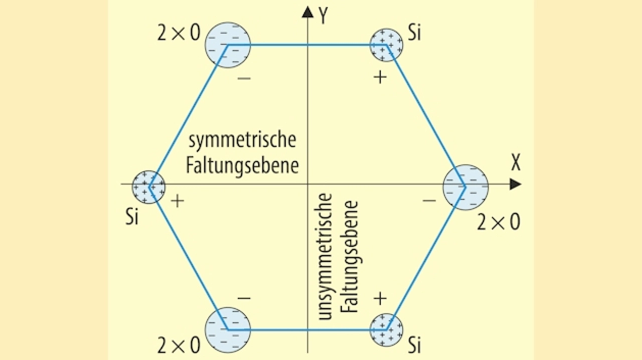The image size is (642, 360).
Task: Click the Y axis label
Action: point(324,16)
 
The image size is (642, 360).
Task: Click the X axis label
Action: point(516,162)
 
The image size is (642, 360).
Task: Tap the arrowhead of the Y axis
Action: point(307,12)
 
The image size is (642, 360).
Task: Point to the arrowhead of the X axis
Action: point(515,185)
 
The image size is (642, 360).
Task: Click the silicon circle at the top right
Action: point(386,45)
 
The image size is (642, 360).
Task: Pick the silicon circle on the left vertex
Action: point(148,186)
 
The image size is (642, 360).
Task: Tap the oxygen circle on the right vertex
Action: point(465,187)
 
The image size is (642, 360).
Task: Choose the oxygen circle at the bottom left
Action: point(228,329)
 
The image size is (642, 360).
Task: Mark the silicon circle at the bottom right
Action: point(386,329)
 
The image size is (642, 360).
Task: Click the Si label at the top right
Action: point(414,34)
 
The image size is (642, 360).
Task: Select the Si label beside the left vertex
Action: point(131,219)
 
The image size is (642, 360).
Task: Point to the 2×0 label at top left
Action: point(179,34)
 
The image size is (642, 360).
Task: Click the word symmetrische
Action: point(242,141)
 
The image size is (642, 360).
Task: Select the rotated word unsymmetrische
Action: point(326,256)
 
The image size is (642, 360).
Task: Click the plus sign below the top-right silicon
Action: point(381,77)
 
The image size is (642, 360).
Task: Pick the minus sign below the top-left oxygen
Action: point(244,78)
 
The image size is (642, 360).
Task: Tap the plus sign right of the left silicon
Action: point(178,201)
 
